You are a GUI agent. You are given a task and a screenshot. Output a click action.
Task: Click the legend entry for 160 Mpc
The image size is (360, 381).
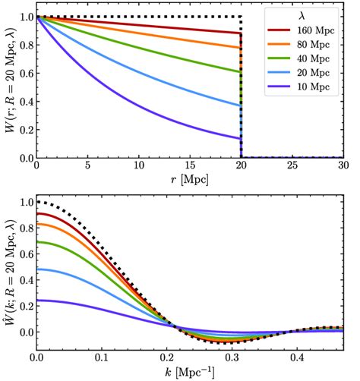[307, 31]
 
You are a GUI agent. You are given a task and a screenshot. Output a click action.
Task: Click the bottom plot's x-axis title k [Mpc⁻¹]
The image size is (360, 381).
[190, 373]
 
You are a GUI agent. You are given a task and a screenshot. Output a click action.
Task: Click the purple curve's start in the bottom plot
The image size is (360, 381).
[36, 301]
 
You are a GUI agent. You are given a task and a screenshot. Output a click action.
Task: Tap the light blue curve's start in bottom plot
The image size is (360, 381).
[36, 269]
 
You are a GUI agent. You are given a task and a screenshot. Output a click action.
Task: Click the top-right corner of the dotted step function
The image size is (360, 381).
[242, 17]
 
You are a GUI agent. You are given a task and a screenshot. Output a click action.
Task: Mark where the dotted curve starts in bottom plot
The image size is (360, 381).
[36, 202]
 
